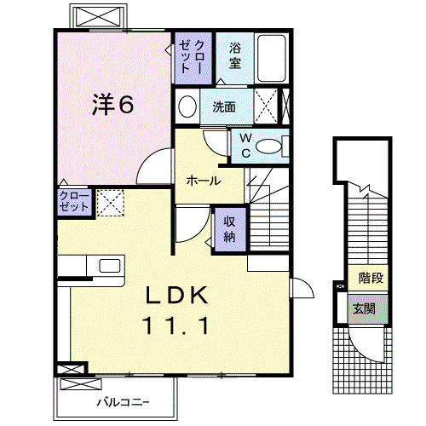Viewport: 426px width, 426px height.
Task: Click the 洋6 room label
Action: coord(112,105)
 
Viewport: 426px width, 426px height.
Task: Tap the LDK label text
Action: coord(176,296)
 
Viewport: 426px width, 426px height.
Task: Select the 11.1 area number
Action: coord(176,325)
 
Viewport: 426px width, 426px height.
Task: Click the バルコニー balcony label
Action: coord(123,402)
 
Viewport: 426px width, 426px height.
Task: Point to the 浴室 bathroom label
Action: coord(235,55)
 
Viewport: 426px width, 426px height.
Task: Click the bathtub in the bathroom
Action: coord(272,58)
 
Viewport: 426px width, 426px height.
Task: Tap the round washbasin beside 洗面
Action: coord(187,106)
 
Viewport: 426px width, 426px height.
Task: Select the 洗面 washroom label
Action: coord(224,107)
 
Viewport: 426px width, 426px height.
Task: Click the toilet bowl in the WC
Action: coord(268,147)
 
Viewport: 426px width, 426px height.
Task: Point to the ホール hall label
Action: coord(204,181)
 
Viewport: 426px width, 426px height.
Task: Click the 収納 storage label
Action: coord(229,229)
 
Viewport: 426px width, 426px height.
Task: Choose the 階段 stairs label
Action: coord(371,278)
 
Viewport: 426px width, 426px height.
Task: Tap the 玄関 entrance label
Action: coord(365,308)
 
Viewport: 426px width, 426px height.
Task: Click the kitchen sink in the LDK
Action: coord(110,266)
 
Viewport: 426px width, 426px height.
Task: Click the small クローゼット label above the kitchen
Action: coord(74,201)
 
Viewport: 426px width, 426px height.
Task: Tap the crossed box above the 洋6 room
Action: coord(99,16)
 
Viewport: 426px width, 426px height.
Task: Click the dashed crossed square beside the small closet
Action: coord(111,203)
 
